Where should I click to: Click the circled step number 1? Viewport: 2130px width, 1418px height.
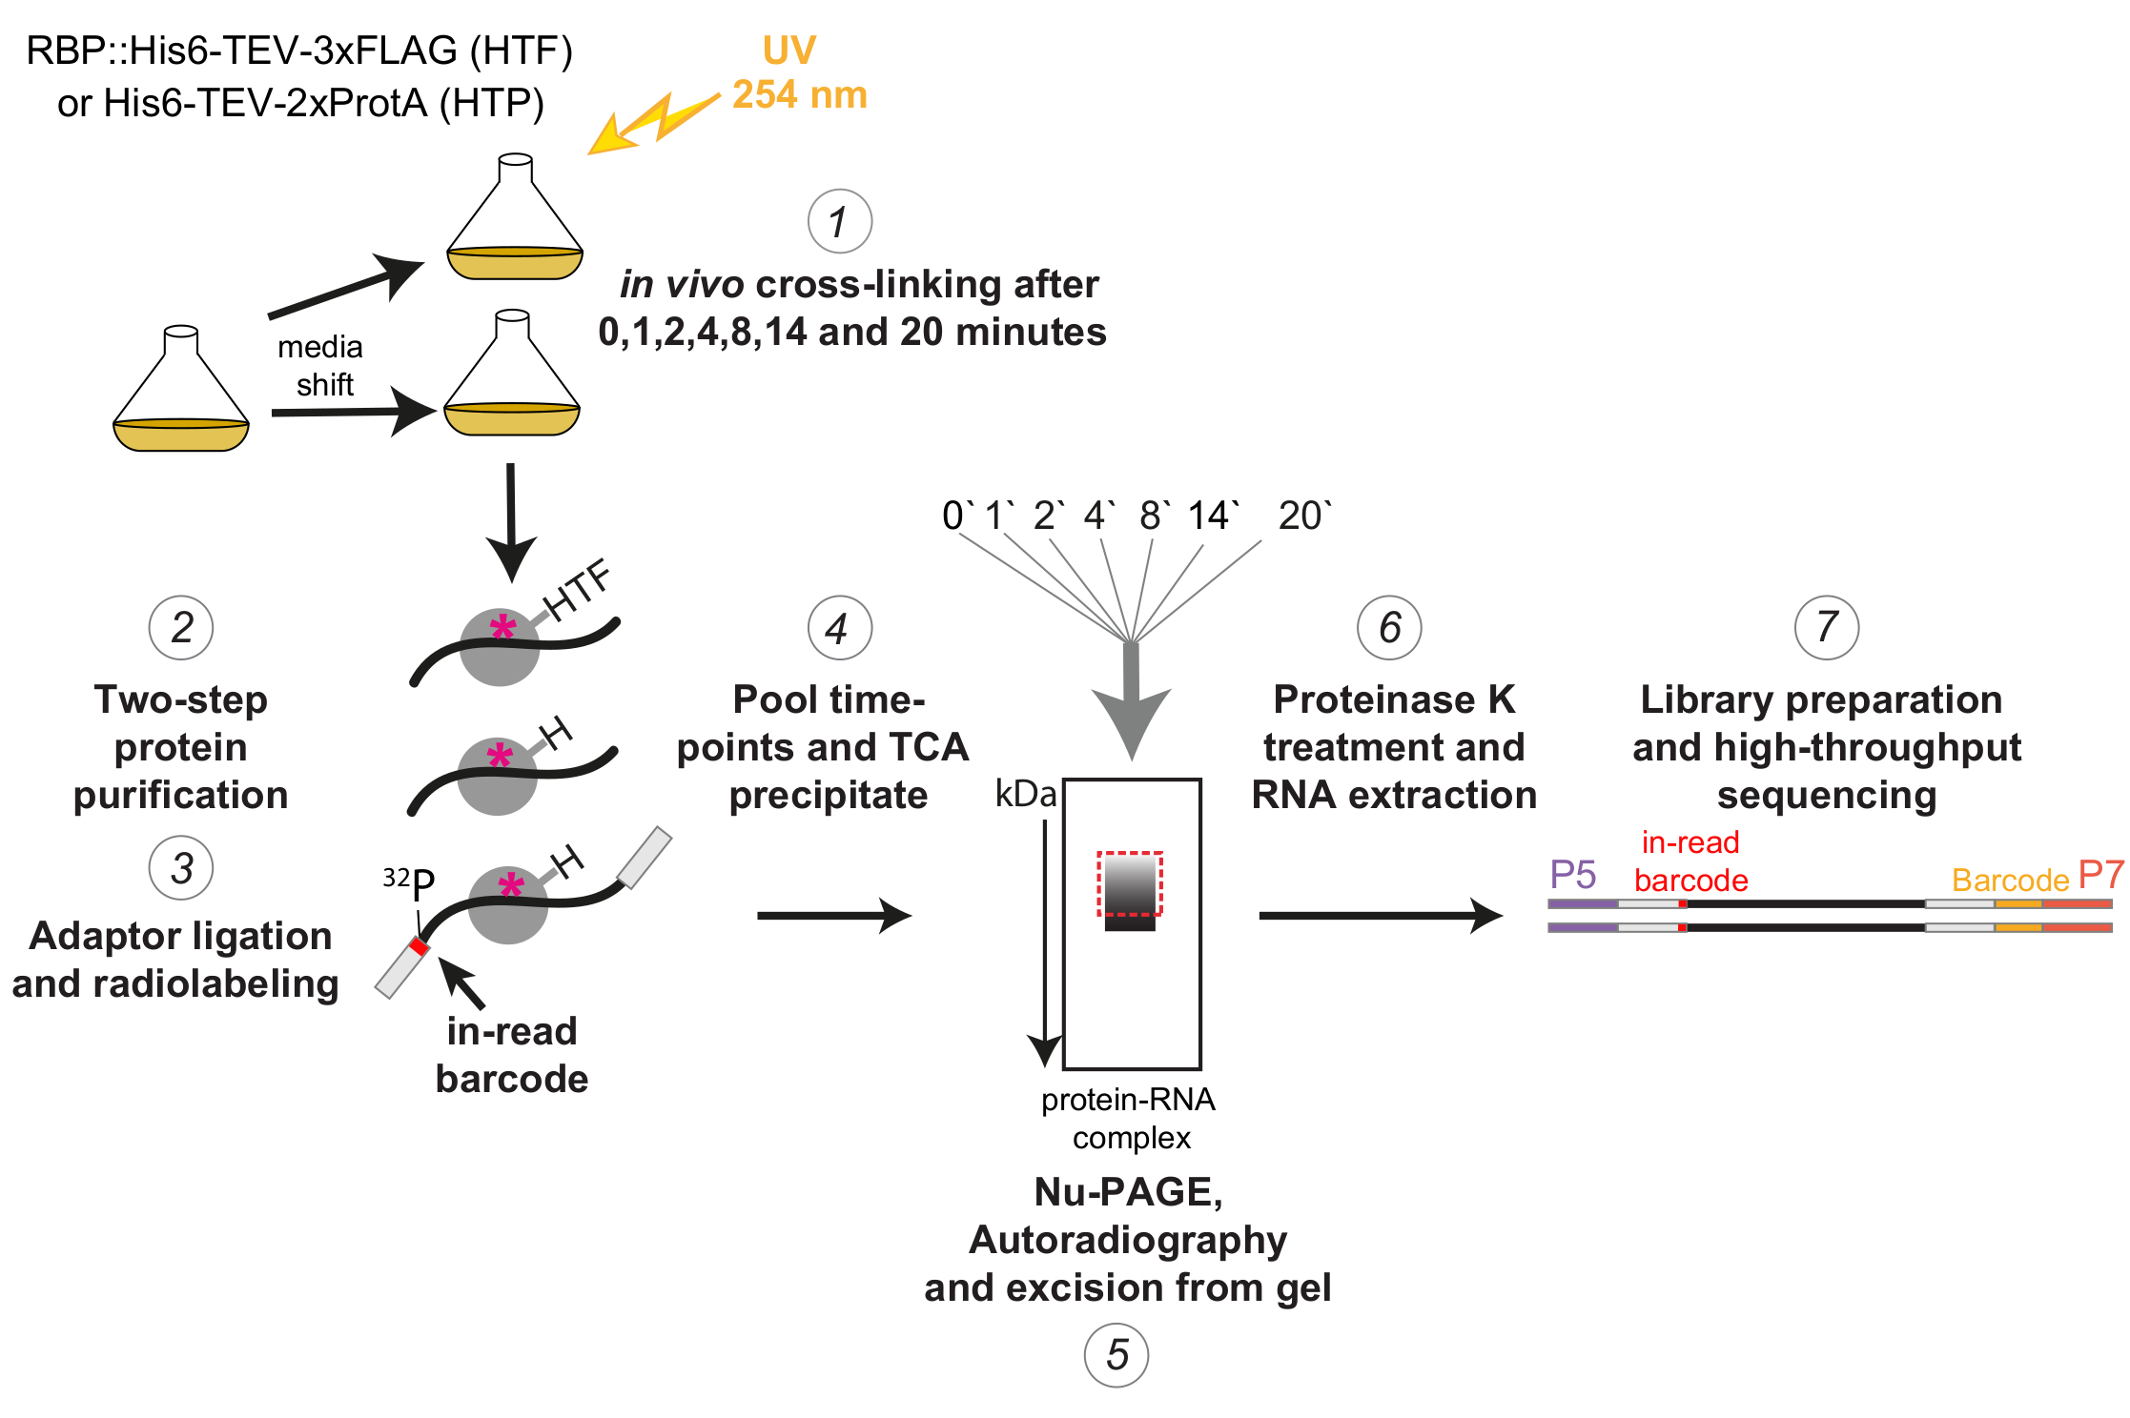coord(839,222)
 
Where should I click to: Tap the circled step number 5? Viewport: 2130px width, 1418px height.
coord(1116,1354)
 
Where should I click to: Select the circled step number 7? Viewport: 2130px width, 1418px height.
coord(1826,627)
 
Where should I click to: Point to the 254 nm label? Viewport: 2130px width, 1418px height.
coord(799,95)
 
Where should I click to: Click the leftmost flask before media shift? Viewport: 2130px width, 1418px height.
coord(181,391)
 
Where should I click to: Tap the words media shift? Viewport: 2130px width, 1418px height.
coord(320,365)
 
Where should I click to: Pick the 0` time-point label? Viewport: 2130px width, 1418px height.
coord(956,516)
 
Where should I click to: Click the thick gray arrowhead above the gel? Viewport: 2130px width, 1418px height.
coord(1131,719)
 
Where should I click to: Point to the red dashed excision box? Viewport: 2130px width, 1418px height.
coord(1130,883)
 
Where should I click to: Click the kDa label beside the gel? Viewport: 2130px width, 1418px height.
coord(1025,794)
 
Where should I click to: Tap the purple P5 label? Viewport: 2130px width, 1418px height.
coord(1572,874)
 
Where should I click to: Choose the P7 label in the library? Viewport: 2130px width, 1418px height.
coord(2100,874)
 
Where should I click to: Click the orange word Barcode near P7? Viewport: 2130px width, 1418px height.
coord(2010,880)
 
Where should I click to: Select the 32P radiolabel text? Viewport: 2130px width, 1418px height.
coord(409,882)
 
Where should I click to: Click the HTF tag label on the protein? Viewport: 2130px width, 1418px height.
coord(577,591)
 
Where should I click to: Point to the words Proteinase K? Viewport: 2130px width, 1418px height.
coord(1393,699)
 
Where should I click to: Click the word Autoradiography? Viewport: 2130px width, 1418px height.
coord(1128,1240)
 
